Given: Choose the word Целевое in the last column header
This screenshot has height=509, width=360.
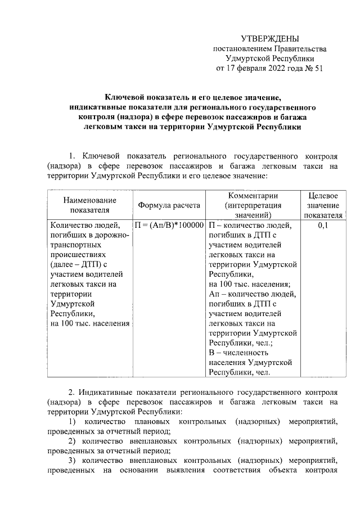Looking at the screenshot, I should pyautogui.click(x=323, y=196).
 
